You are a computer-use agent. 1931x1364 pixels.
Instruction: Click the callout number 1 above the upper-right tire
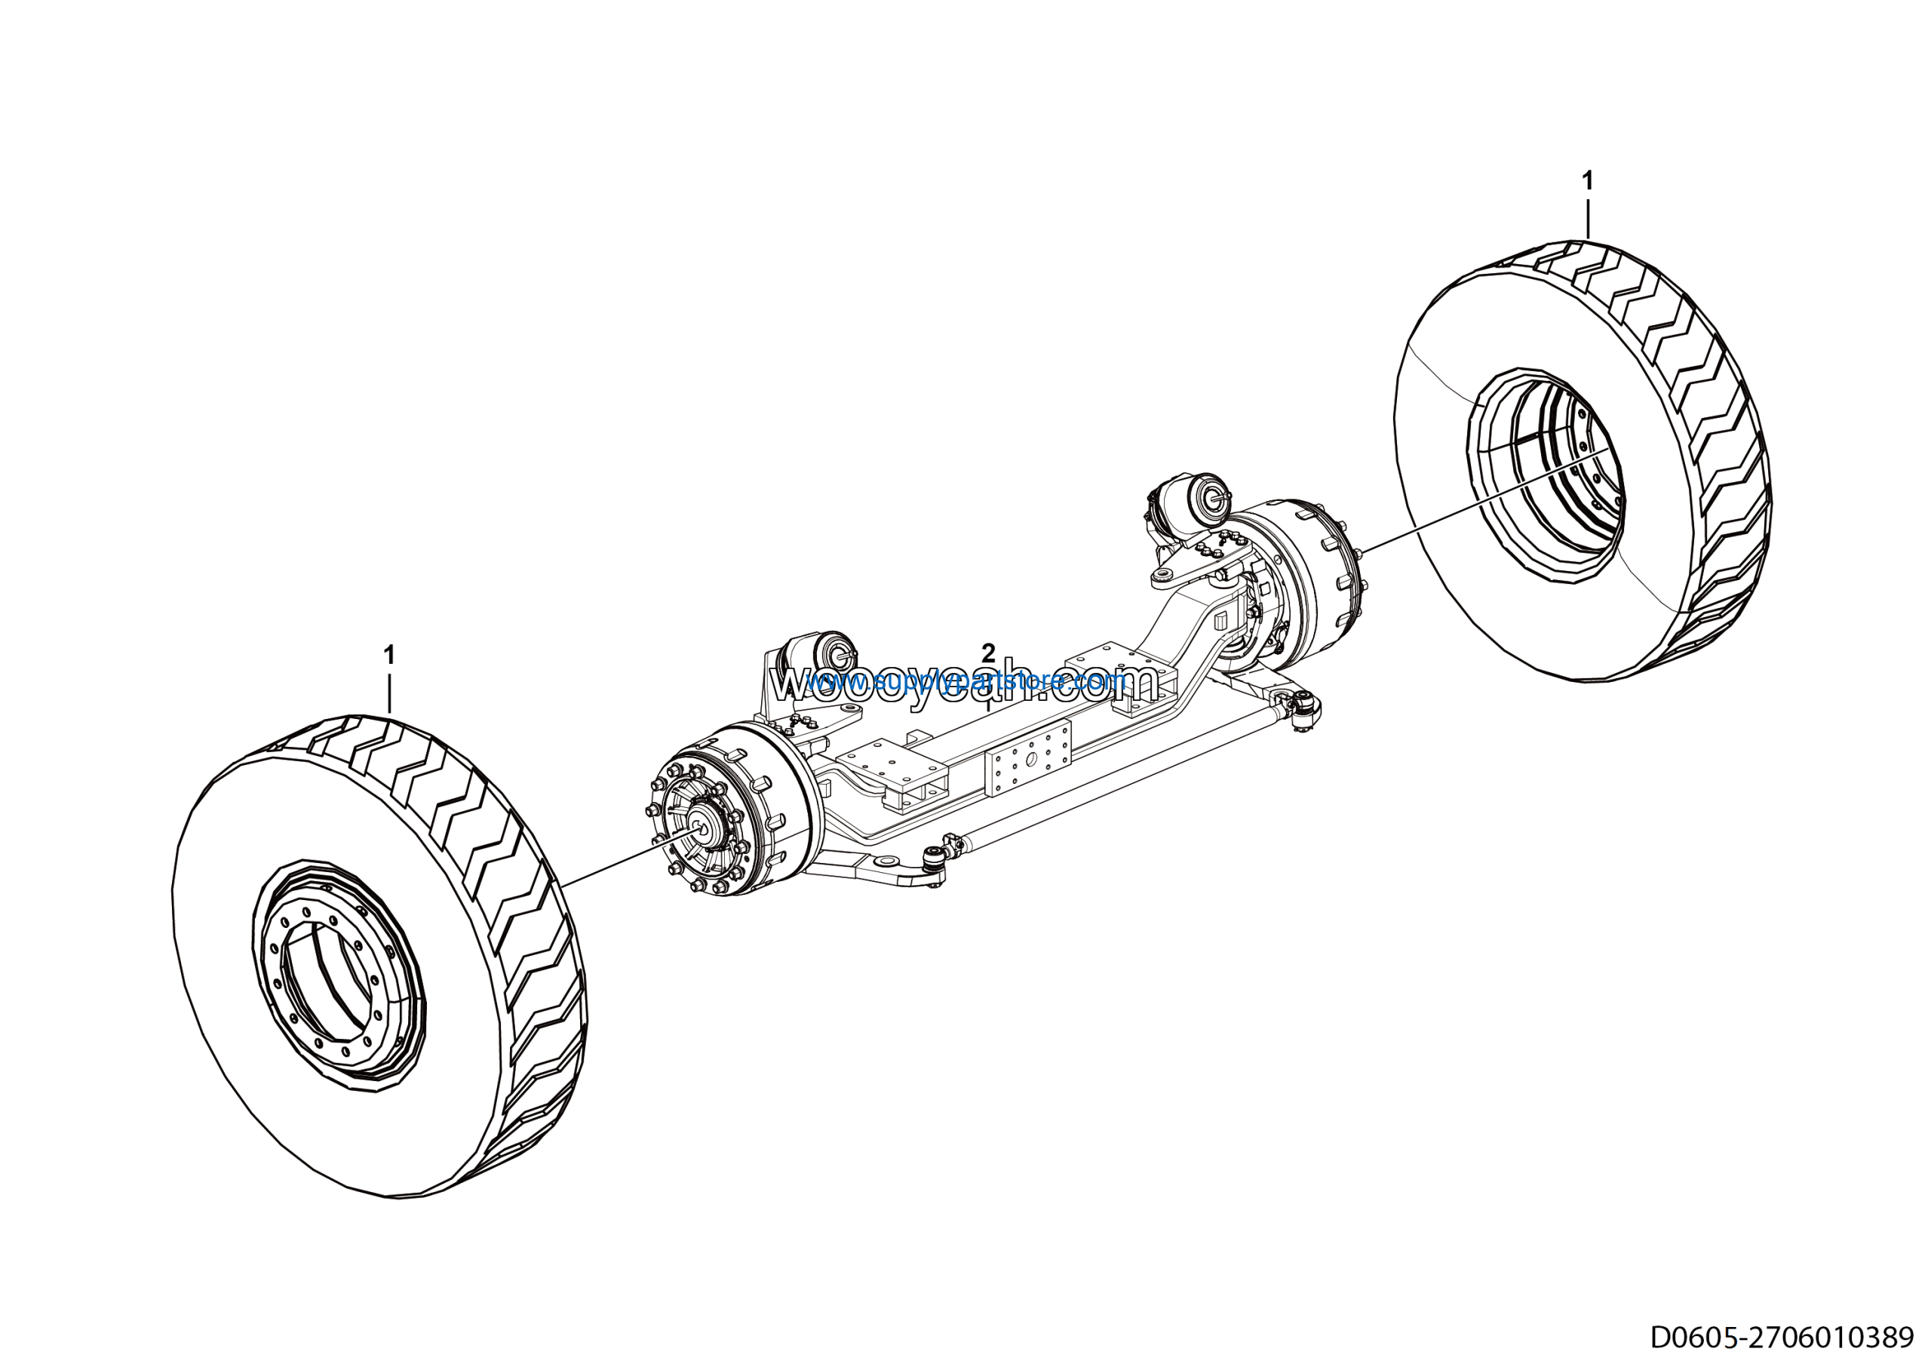click(x=1587, y=181)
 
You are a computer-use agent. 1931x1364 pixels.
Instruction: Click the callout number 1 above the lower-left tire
click(x=388, y=654)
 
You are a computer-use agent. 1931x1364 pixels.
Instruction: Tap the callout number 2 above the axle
click(x=988, y=653)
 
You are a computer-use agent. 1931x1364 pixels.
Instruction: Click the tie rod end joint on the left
click(x=934, y=859)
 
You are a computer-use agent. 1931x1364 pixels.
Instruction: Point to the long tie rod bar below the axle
click(x=1119, y=785)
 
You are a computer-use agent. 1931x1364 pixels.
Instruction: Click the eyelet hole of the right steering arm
click(x=1164, y=575)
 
